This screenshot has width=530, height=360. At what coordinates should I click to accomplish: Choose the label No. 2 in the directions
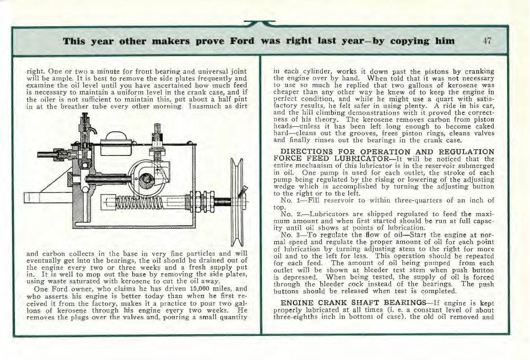point(289,214)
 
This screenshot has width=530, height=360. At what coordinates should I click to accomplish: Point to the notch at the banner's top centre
point(260,24)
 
